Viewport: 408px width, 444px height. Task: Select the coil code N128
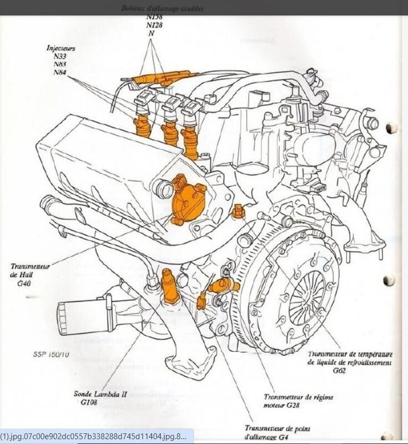(x=154, y=25)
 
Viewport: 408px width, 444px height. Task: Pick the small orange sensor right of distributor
(x=239, y=211)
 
